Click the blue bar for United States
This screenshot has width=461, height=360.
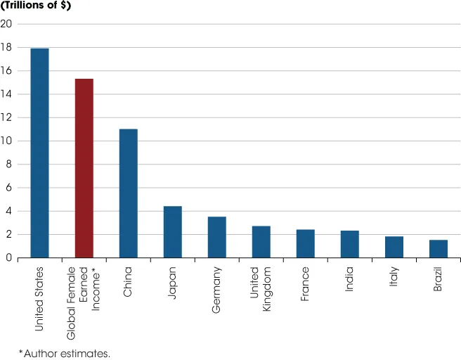pyautogui.click(x=39, y=153)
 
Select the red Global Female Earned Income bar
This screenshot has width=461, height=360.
pyautogui.click(x=84, y=169)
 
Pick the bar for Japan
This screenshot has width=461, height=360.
pyautogui.click(x=172, y=232)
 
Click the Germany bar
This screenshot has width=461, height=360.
pyautogui.click(x=216, y=238)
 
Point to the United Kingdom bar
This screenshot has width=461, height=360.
pyautogui.click(x=261, y=242)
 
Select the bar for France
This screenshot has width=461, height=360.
pyautogui.click(x=305, y=244)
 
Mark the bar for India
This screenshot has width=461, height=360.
pyautogui.click(x=350, y=245)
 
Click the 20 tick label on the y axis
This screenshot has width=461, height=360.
pyautogui.click(x=6, y=24)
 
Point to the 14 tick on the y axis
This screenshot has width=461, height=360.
pyautogui.click(x=6, y=94)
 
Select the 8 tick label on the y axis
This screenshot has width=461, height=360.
pyautogui.click(x=8, y=165)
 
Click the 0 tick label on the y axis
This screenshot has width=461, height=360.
pyautogui.click(x=8, y=258)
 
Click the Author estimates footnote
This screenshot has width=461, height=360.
pyautogui.click(x=64, y=352)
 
